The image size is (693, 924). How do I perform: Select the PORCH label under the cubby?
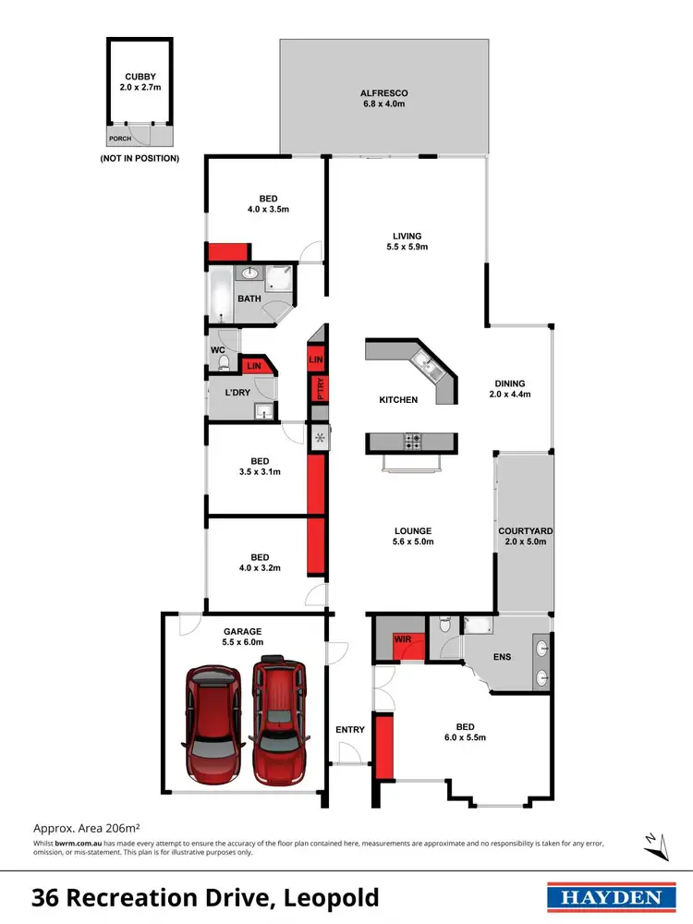[120, 140]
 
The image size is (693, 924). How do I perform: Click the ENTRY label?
[350, 730]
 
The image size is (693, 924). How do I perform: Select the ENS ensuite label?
[502, 656]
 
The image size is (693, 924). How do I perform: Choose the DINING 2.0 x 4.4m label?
[509, 389]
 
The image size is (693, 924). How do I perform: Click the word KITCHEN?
[398, 400]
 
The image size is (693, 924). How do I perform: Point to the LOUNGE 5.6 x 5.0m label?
[412, 537]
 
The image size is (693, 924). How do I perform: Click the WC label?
[217, 350]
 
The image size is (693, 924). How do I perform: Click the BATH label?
[249, 298]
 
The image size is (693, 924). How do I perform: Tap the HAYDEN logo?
[606, 897]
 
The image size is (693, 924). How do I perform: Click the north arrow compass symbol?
[652, 842]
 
